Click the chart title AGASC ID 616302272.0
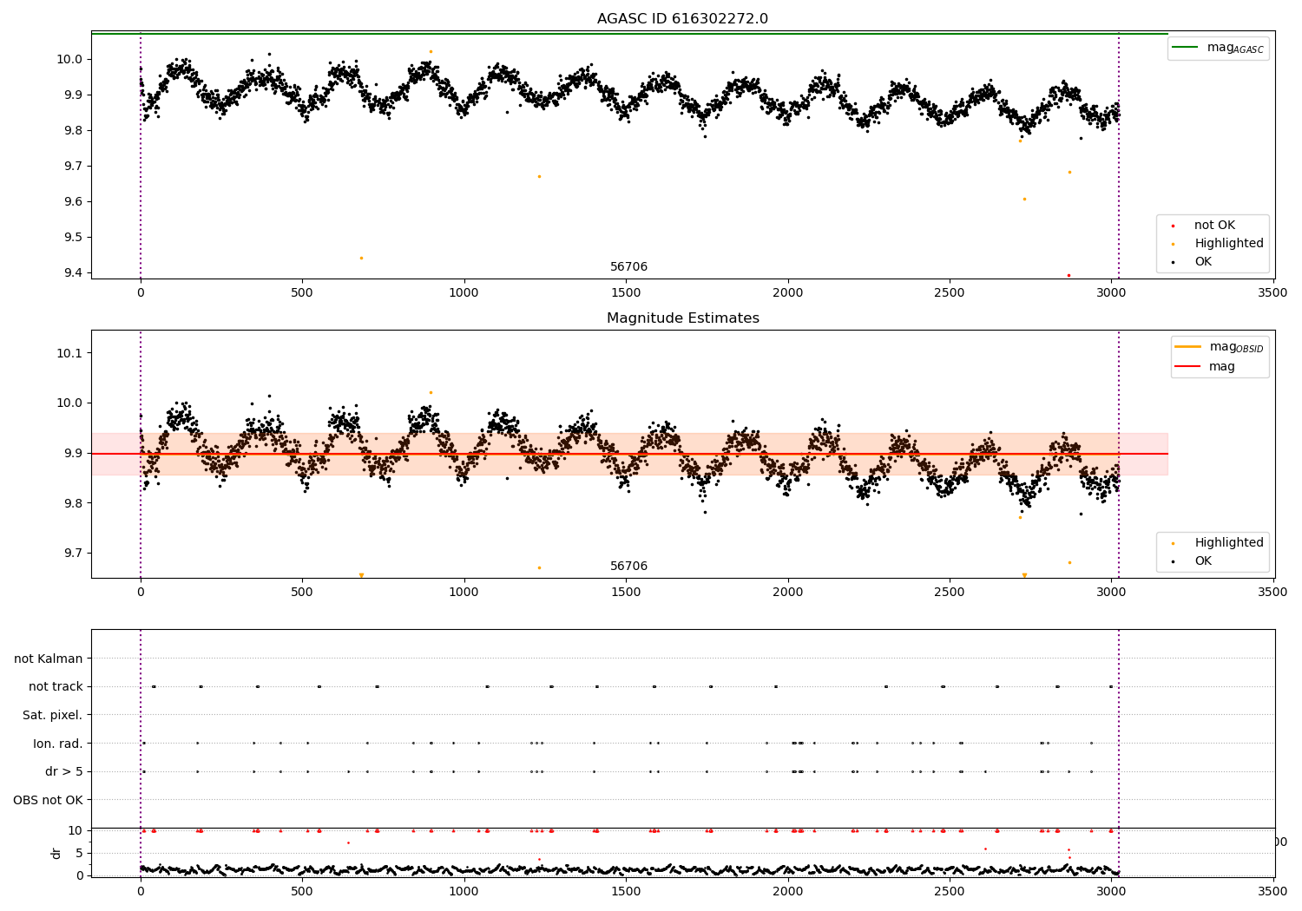coord(682,18)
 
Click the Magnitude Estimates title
coord(682,318)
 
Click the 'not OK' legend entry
coord(1203,225)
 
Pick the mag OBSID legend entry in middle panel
coord(1219,347)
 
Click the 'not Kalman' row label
coord(49,659)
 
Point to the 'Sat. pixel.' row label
coord(52,715)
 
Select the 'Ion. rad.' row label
coord(57,743)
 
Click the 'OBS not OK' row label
coord(49,800)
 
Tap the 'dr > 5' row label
coord(64,771)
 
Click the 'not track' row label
coord(56,686)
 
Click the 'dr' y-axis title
coord(56,853)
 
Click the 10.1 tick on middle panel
coord(69,352)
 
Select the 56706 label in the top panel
coord(628,266)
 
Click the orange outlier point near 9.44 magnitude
coord(362,258)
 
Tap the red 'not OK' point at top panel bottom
coord(1069,275)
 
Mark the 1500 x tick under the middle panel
coord(626,592)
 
